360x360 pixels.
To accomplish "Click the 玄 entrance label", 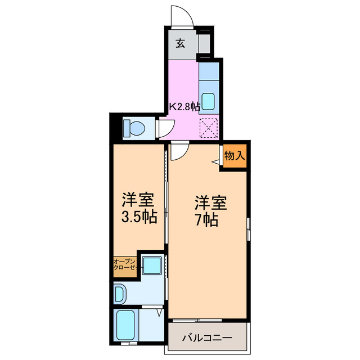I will tap(180, 44).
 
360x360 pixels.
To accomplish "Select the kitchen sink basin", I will tap(208, 102).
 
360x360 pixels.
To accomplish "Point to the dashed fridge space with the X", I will tap(209, 129).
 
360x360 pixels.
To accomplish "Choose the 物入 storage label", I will tap(235, 156).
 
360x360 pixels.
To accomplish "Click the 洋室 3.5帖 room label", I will tap(138, 209).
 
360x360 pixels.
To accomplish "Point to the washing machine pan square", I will tap(151, 264).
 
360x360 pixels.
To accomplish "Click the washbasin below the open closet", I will tap(120, 292).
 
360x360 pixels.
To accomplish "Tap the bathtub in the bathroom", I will tap(124, 326).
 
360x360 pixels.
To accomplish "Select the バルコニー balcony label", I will tap(206, 339).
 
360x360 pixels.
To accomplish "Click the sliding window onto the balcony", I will tap(207, 321).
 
